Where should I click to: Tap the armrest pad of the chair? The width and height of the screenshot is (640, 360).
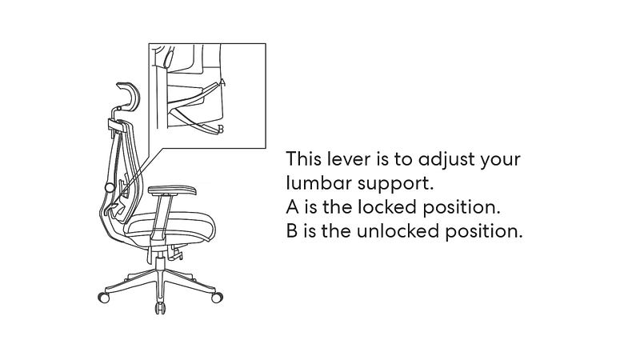(x=172, y=190)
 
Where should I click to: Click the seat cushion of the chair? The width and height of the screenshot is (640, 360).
(x=170, y=225)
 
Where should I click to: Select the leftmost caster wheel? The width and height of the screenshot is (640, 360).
(x=104, y=297)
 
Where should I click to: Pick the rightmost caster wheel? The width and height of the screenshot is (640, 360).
(x=217, y=297)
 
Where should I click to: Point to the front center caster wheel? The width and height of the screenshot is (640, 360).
(x=161, y=308)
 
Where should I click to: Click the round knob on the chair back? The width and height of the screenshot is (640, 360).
(x=110, y=188)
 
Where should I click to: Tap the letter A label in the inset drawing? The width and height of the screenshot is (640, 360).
(x=222, y=82)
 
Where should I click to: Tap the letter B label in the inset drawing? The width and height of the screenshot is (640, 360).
(x=221, y=129)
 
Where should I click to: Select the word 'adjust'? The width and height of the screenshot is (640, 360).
(x=446, y=159)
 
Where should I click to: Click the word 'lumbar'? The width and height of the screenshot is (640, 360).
(x=318, y=183)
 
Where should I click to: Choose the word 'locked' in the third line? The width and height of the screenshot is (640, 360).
(x=387, y=207)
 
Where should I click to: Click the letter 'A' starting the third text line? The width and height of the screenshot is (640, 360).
(x=293, y=207)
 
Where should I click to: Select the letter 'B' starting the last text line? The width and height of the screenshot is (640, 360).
(x=292, y=231)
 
